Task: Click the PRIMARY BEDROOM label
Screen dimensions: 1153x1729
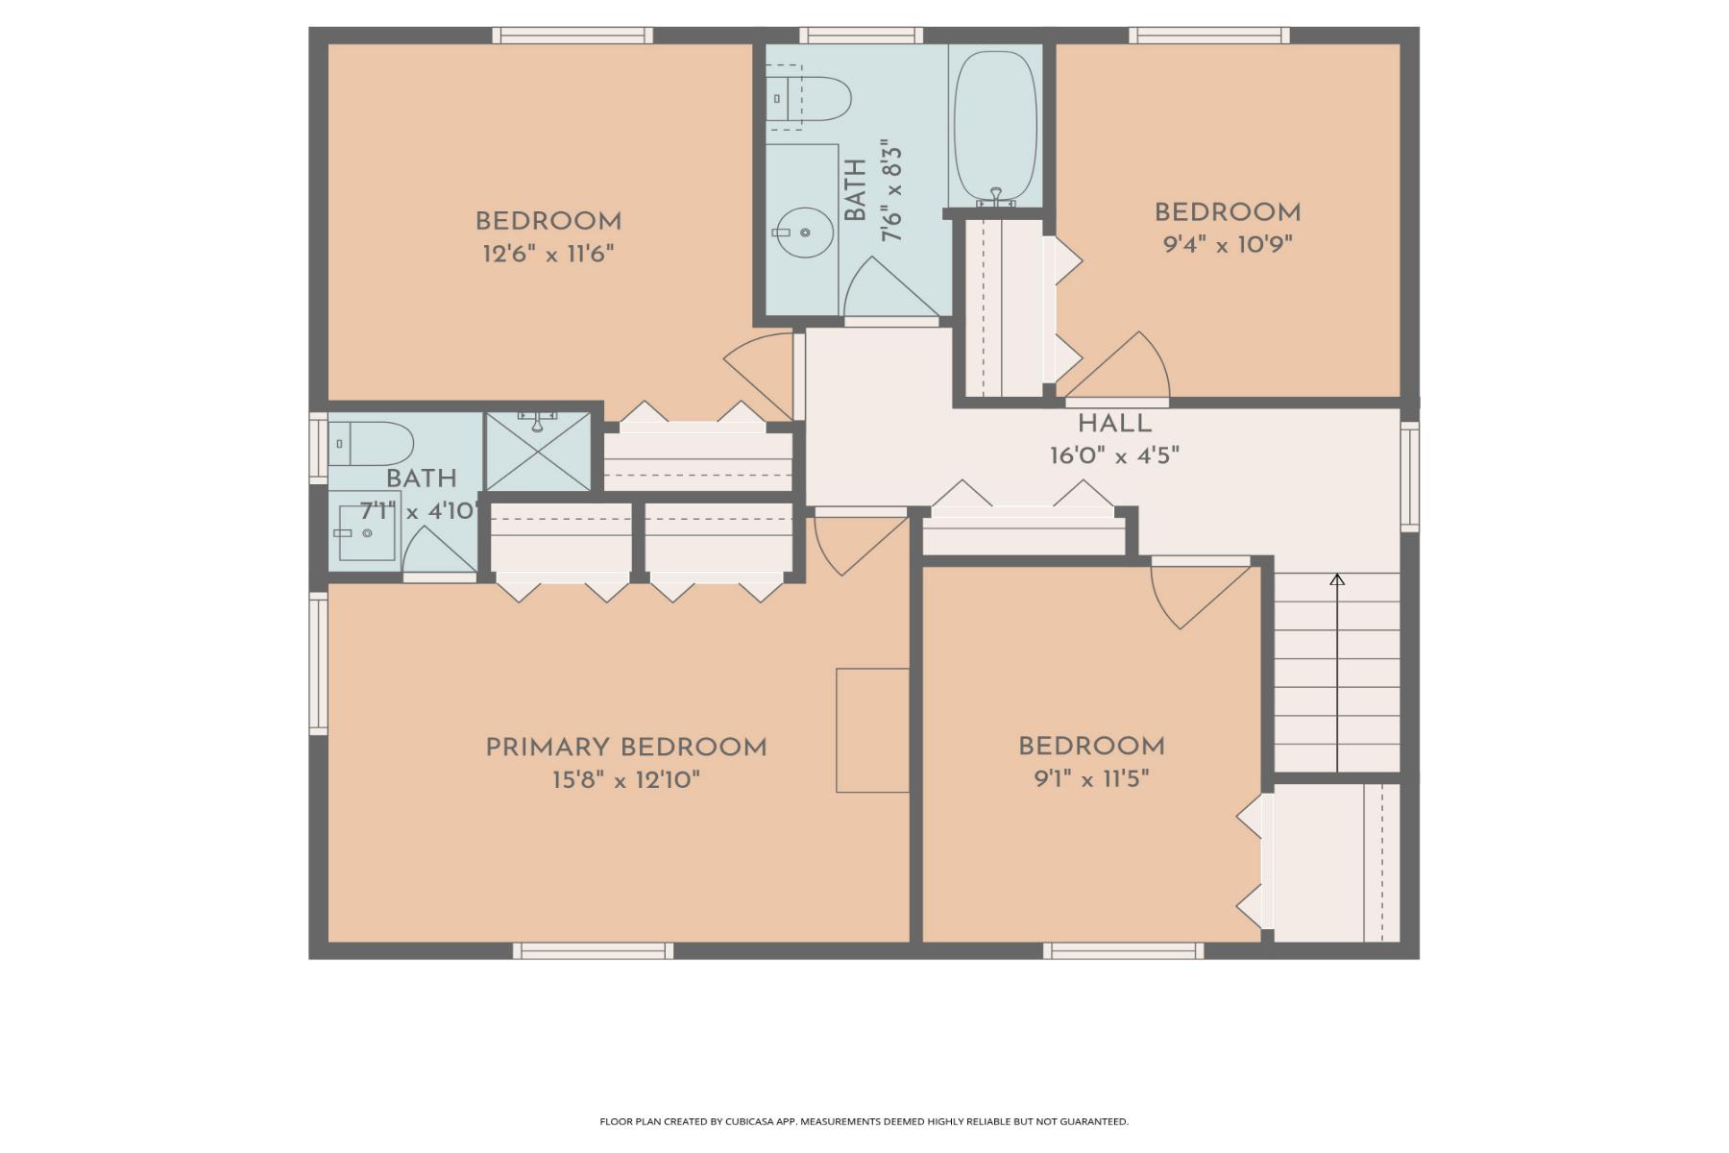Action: click(x=625, y=748)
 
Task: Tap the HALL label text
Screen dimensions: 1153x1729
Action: click(x=1114, y=424)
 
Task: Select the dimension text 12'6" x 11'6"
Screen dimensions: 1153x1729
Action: click(x=548, y=255)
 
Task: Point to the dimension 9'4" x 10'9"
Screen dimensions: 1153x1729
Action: click(x=1228, y=244)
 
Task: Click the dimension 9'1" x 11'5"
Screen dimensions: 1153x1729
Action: click(x=1091, y=778)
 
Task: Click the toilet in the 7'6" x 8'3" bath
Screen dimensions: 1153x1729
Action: click(x=812, y=97)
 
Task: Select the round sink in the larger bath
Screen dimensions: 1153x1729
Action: click(x=804, y=233)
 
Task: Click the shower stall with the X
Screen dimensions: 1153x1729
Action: click(x=537, y=452)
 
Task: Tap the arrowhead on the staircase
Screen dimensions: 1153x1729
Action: click(x=1337, y=579)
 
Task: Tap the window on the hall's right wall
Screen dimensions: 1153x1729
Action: click(x=1409, y=477)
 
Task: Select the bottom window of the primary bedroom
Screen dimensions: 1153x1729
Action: click(x=593, y=950)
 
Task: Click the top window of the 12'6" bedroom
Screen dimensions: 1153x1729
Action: click(x=572, y=36)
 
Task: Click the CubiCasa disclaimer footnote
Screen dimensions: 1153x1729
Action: click(x=864, y=1121)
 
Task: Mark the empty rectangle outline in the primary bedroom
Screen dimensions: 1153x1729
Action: click(x=872, y=730)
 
